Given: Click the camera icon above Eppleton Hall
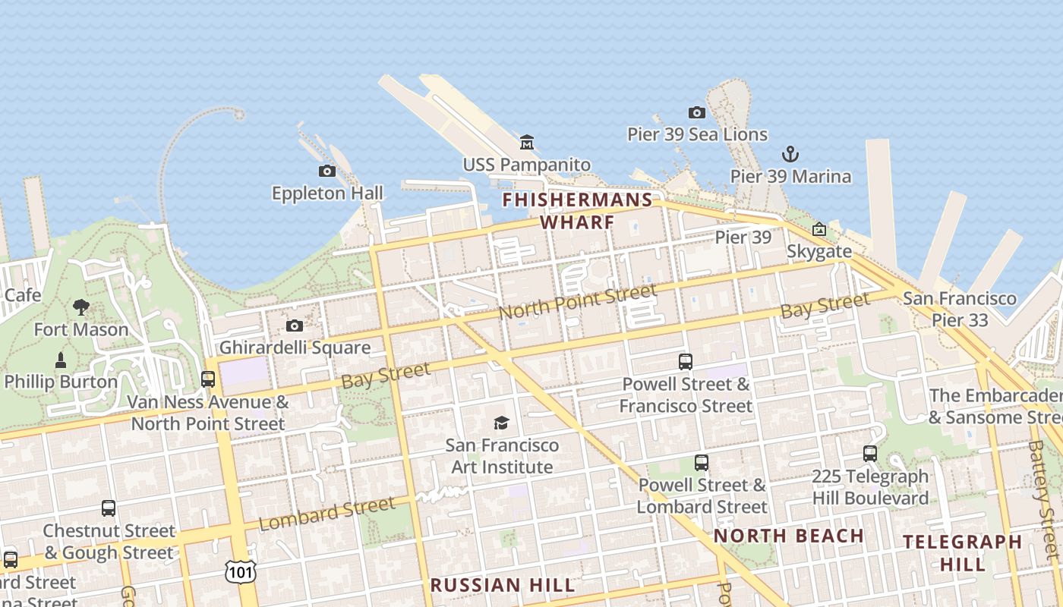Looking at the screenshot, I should (327, 171).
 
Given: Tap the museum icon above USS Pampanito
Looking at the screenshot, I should (527, 142).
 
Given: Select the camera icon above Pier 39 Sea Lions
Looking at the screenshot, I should (697, 112).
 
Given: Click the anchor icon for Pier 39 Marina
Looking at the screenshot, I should (790, 154).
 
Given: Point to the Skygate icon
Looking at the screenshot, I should (819, 229).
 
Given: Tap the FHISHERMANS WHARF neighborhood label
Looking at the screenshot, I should (577, 211).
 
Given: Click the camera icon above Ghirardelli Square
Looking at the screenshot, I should (295, 326).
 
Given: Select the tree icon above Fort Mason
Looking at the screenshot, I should (81, 307).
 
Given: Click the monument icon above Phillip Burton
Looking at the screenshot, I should (61, 360).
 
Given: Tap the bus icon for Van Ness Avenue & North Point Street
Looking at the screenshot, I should (208, 379).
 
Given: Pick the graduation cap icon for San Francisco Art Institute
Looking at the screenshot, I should (501, 423).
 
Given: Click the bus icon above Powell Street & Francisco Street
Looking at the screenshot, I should (686, 362).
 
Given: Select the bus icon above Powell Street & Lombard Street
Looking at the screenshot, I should (702, 462).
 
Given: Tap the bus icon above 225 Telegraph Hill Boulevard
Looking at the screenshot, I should (870, 454).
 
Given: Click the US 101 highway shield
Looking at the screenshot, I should (240, 571).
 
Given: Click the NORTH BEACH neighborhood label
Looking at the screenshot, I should (789, 536).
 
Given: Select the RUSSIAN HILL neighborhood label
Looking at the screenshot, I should (503, 585).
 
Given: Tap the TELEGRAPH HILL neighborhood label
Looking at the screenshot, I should (962, 552).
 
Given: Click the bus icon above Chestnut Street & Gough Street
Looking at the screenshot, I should (109, 508).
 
